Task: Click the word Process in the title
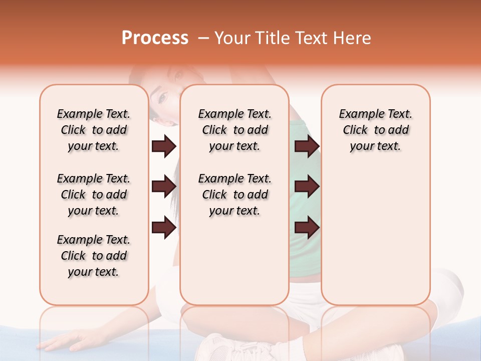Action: pyautogui.click(x=155, y=38)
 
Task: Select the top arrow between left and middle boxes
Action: pyautogui.click(x=164, y=146)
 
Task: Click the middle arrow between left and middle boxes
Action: pyautogui.click(x=164, y=187)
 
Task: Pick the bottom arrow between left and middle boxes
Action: pyautogui.click(x=164, y=228)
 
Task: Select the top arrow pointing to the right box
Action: pyautogui.click(x=307, y=146)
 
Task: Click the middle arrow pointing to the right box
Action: pyautogui.click(x=307, y=187)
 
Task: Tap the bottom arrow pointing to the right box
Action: pyautogui.click(x=307, y=228)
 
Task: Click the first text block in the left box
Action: pyautogui.click(x=94, y=130)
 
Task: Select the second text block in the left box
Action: pyautogui.click(x=94, y=195)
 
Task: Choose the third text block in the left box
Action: pyautogui.click(x=94, y=256)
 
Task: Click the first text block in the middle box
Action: pyautogui.click(x=235, y=130)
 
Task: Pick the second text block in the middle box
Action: pyautogui.click(x=235, y=195)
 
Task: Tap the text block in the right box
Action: pyautogui.click(x=376, y=130)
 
